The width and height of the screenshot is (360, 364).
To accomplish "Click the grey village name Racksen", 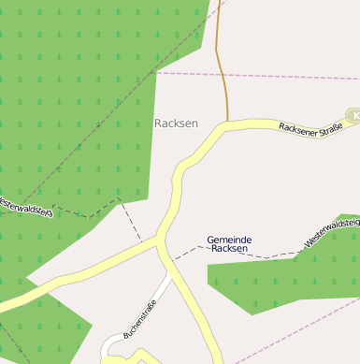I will point(176,124).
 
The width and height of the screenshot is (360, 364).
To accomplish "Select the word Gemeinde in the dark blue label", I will point(229,240).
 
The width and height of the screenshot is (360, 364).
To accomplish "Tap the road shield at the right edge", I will point(354,115).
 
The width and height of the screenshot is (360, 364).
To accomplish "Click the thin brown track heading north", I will point(221,66).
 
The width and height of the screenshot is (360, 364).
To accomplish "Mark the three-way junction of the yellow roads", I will point(159,241).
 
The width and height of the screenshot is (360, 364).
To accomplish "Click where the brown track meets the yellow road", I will point(227,121).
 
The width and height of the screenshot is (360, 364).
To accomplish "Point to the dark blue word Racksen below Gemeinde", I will point(229,249).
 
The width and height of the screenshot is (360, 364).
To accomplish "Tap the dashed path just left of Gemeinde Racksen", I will point(187,251).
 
